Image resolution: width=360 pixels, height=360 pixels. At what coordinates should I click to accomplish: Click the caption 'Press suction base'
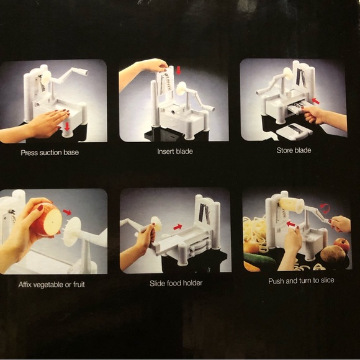click(x=50, y=153)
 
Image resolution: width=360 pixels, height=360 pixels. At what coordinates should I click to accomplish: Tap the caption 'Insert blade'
click(x=175, y=151)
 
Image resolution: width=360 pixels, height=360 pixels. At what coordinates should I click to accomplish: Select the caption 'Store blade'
click(x=294, y=150)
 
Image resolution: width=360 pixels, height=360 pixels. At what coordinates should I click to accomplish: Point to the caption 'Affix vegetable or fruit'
click(x=52, y=285)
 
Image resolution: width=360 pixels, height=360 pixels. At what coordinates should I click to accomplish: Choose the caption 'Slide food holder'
click(x=176, y=283)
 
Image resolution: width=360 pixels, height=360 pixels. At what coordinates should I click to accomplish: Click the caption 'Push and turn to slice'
click(x=301, y=281)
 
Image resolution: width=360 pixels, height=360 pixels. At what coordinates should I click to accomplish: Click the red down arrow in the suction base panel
click(x=67, y=127)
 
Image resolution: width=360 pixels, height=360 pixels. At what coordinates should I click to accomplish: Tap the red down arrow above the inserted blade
click(x=178, y=70)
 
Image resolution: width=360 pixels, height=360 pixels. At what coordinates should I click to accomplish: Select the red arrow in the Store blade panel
click(x=316, y=101)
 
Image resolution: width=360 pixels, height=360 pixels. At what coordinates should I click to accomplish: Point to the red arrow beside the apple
click(x=67, y=212)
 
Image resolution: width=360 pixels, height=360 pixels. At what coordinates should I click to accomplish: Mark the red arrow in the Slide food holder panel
click(x=178, y=227)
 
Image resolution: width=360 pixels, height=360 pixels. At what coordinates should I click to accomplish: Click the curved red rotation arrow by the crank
click(x=325, y=208)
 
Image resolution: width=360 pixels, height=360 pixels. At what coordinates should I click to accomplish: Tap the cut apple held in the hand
click(x=47, y=220)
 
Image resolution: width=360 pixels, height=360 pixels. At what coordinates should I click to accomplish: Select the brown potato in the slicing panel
click(x=333, y=254)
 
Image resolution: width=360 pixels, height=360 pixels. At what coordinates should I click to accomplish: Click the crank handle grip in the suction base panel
click(x=83, y=72)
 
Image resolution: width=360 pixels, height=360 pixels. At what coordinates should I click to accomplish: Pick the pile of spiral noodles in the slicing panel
click(x=254, y=232)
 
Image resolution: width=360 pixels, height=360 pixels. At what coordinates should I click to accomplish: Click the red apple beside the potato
click(x=342, y=245)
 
